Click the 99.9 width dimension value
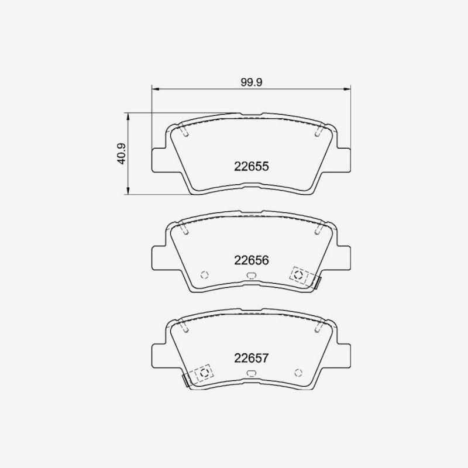252,82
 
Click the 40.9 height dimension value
122,154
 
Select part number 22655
252,167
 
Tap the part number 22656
252,260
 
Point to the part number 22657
252,358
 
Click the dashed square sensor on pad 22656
299,275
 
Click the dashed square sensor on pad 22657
204,373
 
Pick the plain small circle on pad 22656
204,275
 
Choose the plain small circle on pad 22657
298,373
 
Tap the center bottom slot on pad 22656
252,276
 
